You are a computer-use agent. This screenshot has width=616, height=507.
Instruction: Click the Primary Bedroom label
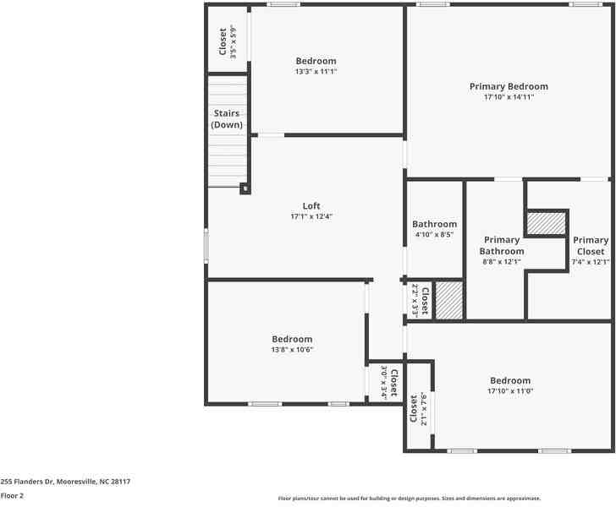[x=509, y=86]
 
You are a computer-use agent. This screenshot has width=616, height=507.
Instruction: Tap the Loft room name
[x=311, y=206]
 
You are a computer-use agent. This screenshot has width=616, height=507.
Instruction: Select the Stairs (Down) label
[x=227, y=118]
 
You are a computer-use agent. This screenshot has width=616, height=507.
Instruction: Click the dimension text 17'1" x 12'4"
[x=311, y=217]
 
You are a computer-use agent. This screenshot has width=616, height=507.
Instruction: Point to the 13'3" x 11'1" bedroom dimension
[x=316, y=72]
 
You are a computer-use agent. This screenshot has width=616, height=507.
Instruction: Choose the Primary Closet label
[x=590, y=246]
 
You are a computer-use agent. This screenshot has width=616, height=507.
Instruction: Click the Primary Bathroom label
[x=502, y=246]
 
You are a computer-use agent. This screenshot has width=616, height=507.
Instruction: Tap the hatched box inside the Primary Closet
[x=546, y=223]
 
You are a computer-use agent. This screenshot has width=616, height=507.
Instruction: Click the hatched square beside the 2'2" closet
[x=449, y=300]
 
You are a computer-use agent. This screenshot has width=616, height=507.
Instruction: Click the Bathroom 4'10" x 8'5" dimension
[x=434, y=234]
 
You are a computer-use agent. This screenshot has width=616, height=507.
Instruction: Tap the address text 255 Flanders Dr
[x=65, y=482]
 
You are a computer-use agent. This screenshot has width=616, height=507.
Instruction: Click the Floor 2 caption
[x=12, y=496]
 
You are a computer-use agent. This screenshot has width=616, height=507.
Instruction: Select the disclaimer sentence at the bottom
[x=409, y=499]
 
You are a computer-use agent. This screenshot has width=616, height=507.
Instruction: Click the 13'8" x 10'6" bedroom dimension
[x=292, y=349]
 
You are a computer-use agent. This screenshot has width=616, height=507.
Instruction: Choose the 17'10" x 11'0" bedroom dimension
[x=509, y=391]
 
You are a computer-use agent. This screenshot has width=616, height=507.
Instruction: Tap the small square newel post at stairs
[x=245, y=188]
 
